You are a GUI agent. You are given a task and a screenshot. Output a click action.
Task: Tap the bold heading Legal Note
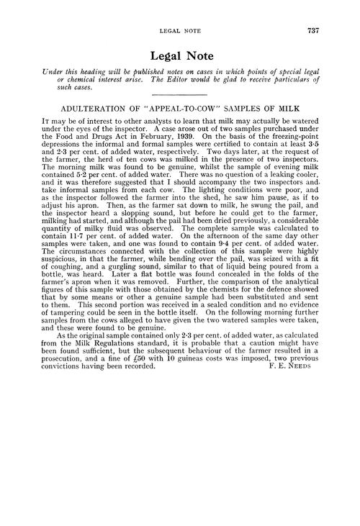[180, 55]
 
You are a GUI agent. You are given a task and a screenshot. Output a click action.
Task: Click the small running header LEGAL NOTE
[180, 31]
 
